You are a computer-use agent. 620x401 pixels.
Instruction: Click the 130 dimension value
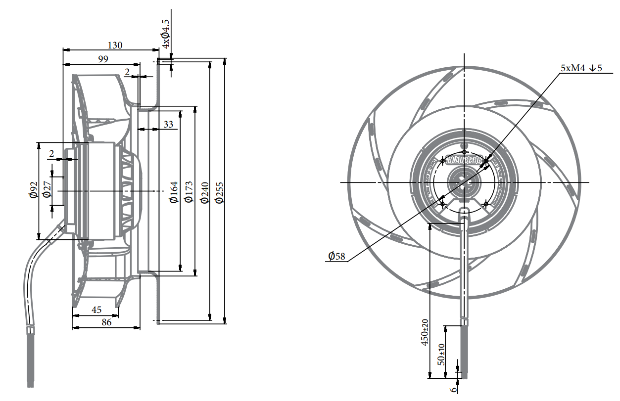click(x=115, y=45)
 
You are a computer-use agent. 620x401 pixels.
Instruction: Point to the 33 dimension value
click(x=168, y=124)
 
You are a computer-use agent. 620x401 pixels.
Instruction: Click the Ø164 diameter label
click(x=174, y=192)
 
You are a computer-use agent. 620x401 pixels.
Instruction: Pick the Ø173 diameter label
click(x=188, y=192)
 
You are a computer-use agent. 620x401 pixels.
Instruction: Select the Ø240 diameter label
click(x=204, y=192)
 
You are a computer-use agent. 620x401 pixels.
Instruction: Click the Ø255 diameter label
click(x=219, y=192)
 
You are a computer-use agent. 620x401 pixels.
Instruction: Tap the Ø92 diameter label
click(x=33, y=190)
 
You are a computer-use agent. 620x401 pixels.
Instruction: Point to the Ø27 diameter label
click(x=47, y=190)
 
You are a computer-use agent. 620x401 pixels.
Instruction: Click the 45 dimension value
click(x=96, y=310)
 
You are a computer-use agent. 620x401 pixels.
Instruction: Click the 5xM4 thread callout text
click(x=581, y=68)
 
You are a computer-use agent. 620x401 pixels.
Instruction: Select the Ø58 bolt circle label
click(x=336, y=256)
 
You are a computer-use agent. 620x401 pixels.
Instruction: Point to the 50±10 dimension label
click(x=441, y=355)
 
